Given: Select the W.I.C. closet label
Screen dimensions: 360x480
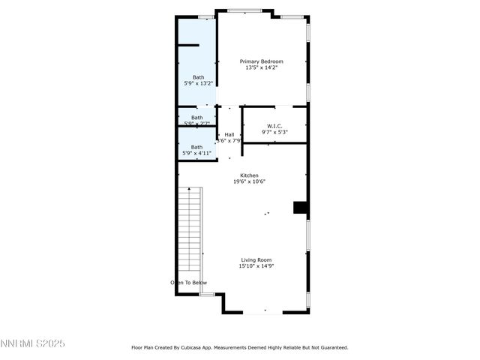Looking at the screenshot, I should click(274, 125).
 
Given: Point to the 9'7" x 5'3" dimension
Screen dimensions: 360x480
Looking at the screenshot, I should click(274, 132).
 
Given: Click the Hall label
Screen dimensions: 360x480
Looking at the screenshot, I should click(229, 134).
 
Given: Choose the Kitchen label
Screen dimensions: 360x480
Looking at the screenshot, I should click(249, 175).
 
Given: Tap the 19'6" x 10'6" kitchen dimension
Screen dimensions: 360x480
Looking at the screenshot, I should click(249, 181).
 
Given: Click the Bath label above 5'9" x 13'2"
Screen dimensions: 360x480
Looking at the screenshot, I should click(197, 76).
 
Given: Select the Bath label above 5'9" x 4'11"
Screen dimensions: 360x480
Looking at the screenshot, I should click(196, 147).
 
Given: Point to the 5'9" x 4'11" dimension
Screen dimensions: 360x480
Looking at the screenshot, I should click(196, 153).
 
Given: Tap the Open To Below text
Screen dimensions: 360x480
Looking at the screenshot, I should click(188, 283).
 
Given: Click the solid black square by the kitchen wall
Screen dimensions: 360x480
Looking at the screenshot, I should click(300, 208).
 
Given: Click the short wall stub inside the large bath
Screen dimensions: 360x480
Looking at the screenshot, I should click(188, 46).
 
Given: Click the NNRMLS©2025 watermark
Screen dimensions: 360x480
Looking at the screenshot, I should click(33, 343).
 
